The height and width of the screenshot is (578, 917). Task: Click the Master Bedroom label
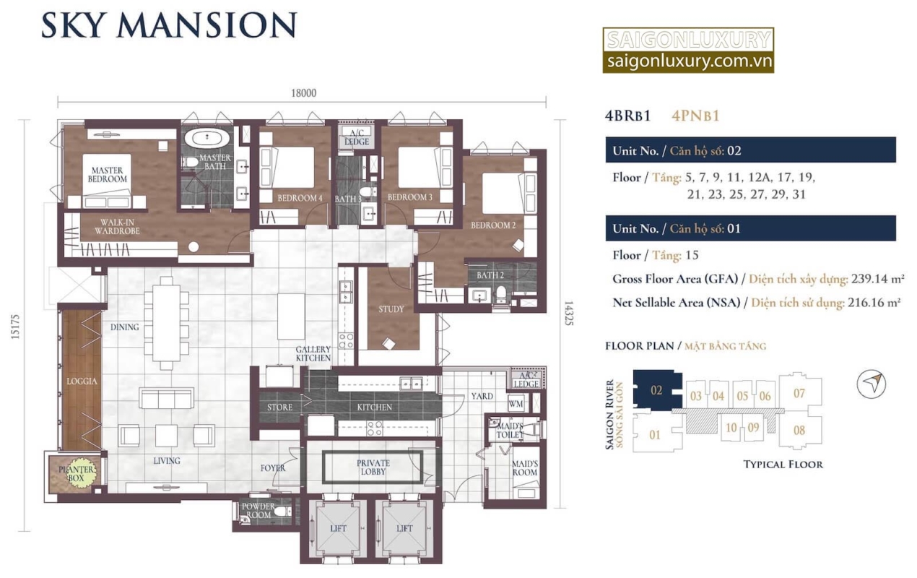tap(108, 175)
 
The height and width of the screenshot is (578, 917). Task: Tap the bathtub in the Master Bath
tap(207, 137)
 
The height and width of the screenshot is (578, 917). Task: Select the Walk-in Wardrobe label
tap(117, 227)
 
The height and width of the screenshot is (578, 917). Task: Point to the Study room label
tap(391, 309)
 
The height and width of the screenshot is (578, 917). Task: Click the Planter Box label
tap(76, 473)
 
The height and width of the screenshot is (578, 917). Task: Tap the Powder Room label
tap(258, 510)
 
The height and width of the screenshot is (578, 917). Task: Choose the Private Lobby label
tap(373, 467)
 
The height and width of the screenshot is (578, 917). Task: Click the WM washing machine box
tap(516, 404)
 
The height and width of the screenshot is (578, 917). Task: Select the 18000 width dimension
tap(303, 93)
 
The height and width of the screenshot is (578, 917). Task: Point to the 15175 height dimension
tap(14, 327)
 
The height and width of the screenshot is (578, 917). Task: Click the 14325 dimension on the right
tap(569, 314)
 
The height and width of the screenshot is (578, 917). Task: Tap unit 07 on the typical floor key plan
tap(799, 393)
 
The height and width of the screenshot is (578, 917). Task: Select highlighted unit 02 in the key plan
tap(656, 390)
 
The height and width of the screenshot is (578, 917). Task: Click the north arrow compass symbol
tap(871, 384)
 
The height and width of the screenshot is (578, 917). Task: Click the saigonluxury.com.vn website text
tap(690, 61)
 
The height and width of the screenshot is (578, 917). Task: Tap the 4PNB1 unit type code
tap(695, 116)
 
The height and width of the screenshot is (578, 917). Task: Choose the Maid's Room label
tap(525, 467)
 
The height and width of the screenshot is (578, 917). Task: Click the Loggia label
tap(82, 381)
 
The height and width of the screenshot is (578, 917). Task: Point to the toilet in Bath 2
tap(501, 294)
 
